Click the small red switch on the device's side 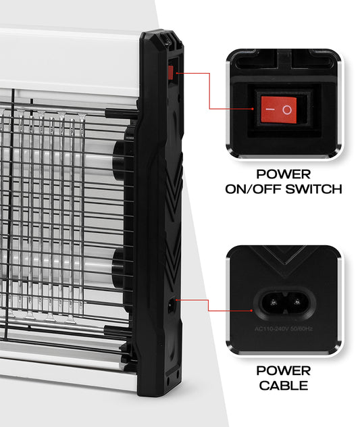click(170, 73)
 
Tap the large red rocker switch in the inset click(278, 109)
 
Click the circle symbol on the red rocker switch click(287, 109)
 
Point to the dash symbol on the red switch click(270, 109)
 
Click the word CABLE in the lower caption click(284, 385)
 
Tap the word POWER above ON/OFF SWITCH click(284, 174)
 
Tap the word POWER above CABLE click(284, 371)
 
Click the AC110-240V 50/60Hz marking click(284, 328)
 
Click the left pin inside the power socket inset click(273, 302)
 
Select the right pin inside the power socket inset click(297, 302)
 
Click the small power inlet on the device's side click(172, 305)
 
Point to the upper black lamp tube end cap click(120, 161)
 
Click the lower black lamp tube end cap click(119, 268)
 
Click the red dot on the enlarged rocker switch click(253, 109)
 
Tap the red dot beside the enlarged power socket click(252, 310)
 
